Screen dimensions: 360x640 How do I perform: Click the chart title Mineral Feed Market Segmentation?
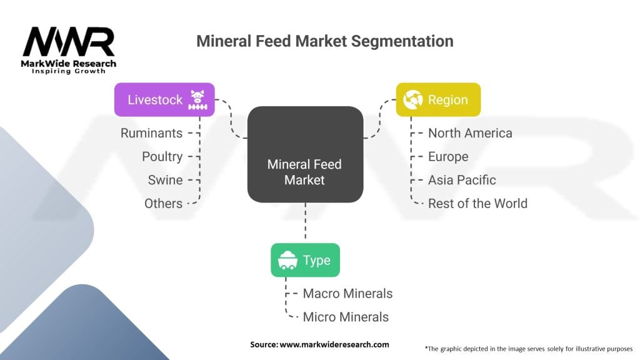tap(324, 42)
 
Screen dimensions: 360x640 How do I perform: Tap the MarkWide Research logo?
tap(69, 50)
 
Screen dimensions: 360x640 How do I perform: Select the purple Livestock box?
tap(164, 99)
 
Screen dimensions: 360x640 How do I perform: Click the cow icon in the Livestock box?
tap(197, 99)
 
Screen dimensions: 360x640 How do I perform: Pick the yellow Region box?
tap(438, 99)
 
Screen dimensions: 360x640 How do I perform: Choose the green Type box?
tap(305, 260)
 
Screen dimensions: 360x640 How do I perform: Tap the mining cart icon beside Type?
tap(287, 260)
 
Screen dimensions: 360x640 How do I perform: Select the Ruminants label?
tap(151, 133)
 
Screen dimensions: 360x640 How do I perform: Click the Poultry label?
tap(162, 156)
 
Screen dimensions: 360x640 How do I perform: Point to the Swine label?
tap(165, 180)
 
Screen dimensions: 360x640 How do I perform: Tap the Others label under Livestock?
tap(163, 203)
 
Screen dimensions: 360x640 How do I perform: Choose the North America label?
tap(470, 133)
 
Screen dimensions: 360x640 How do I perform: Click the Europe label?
tap(447, 156)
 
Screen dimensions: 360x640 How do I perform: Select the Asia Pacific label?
tap(462, 180)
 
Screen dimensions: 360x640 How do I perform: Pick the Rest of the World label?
tap(477, 203)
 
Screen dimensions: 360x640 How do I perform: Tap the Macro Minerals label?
tap(347, 293)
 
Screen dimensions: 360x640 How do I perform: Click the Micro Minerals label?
tap(346, 317)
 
